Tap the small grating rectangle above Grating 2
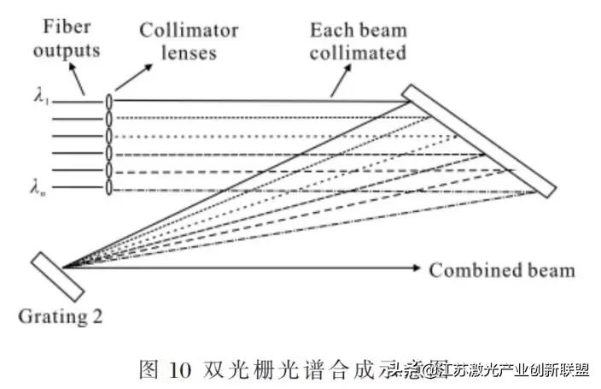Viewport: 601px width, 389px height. click(x=57, y=276)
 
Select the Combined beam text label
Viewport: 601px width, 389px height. click(x=501, y=271)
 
